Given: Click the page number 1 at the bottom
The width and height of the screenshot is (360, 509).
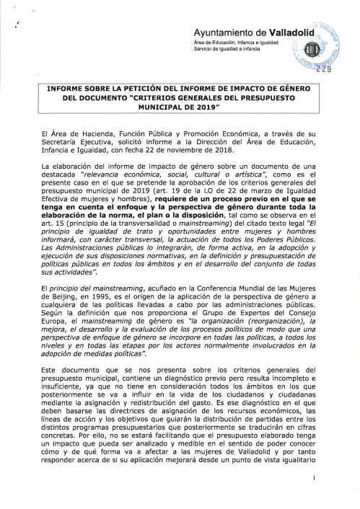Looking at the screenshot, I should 316,497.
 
